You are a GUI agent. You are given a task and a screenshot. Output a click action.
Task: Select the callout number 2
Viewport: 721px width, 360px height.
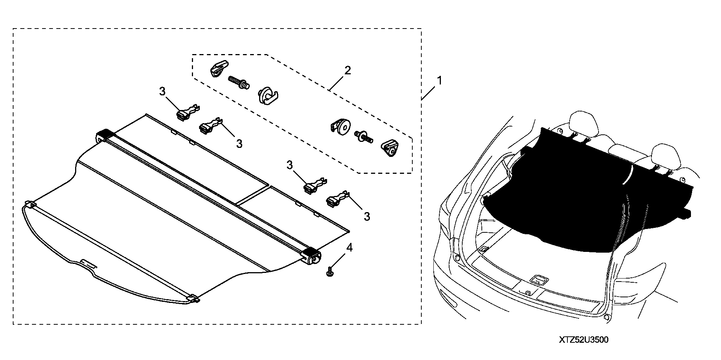pos(348,70)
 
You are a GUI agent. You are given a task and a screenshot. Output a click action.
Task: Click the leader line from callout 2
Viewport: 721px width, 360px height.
pos(337,82)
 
